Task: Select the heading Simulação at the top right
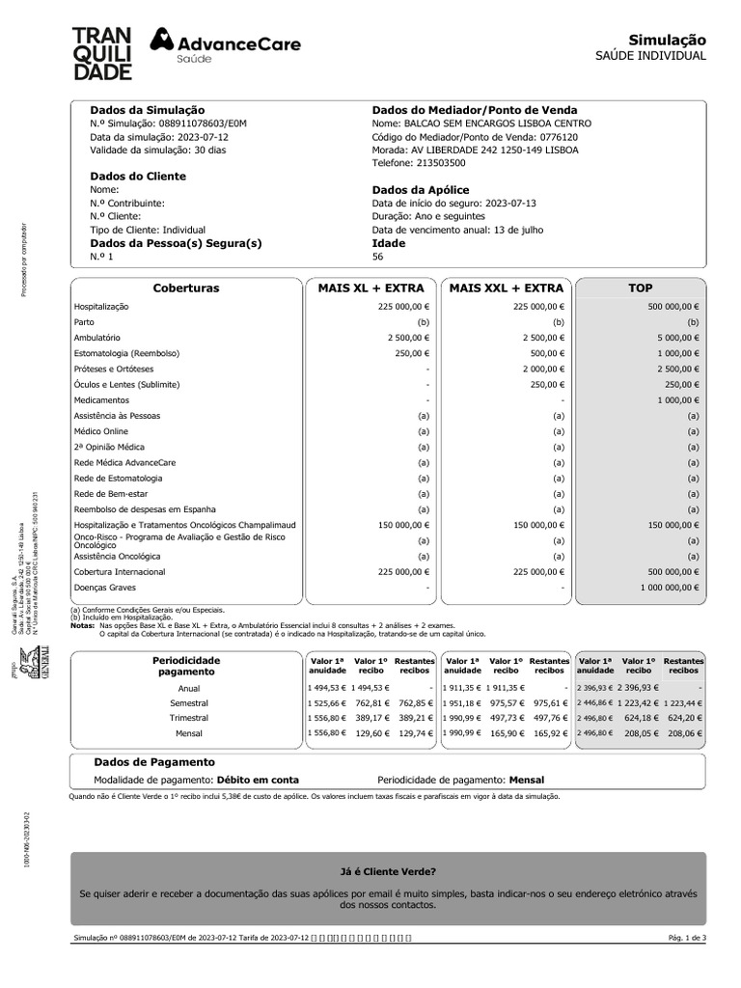click(x=667, y=40)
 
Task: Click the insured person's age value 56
click(x=377, y=258)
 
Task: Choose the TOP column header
click(x=640, y=288)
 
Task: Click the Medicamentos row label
click(x=101, y=399)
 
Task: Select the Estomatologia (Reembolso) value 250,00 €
click(x=412, y=353)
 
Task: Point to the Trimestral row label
click(x=188, y=718)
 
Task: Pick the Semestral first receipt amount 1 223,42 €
click(x=639, y=703)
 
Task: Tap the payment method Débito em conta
click(x=258, y=779)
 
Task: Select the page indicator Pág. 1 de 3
click(x=686, y=938)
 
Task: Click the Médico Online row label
click(x=101, y=431)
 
